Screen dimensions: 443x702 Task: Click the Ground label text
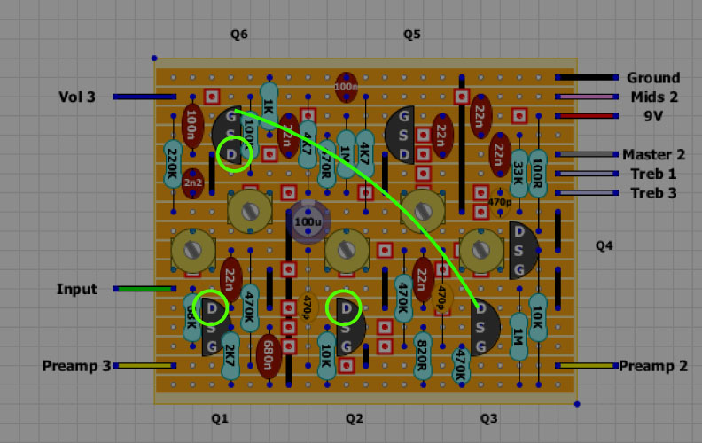click(653, 78)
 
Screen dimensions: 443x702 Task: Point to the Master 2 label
click(653, 154)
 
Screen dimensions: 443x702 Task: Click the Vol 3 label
click(77, 97)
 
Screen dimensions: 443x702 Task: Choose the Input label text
click(77, 289)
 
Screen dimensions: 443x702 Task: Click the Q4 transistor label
click(604, 245)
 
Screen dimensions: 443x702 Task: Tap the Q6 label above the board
click(239, 35)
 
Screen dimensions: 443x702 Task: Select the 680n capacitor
click(269, 357)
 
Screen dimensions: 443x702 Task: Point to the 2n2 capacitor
click(192, 183)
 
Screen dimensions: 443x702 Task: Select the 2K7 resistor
click(230, 355)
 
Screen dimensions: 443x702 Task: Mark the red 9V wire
click(586, 116)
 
